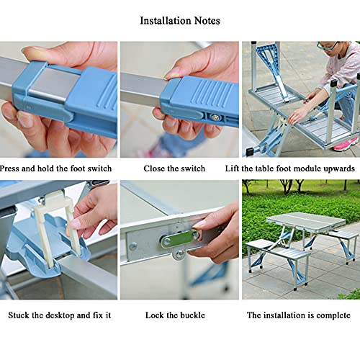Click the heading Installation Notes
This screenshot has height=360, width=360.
coord(180,21)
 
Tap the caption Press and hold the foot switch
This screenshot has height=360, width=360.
coord(55,168)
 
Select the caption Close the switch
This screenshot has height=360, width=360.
coord(174,168)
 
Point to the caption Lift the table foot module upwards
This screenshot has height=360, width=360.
coord(290,168)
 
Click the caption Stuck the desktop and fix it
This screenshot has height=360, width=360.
coord(60,315)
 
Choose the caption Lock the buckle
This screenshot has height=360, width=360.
coord(175,315)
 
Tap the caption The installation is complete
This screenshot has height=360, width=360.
coord(299,315)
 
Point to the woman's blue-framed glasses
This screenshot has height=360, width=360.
coord(327,45)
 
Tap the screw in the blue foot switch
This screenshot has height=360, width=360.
coord(215,117)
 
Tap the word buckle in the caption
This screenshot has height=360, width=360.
coord(192,315)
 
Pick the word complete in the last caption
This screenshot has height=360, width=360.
coord(333,315)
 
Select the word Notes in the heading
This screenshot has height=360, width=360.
coord(207,21)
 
